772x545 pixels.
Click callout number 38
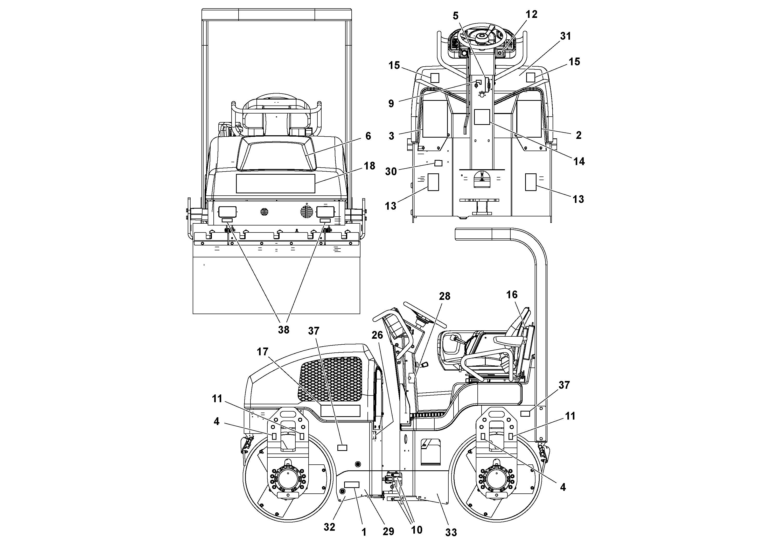point(283,330)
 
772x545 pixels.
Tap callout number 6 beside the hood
point(368,136)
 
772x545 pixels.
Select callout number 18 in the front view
point(370,166)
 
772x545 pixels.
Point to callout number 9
point(391,103)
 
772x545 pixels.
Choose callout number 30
point(391,171)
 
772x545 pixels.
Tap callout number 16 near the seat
point(512,295)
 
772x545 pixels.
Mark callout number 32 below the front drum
point(330,527)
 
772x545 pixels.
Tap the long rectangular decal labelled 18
point(275,183)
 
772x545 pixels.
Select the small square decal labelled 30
point(438,163)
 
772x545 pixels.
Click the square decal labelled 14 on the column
point(482,117)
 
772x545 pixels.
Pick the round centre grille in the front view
point(265,212)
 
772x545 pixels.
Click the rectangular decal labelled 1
point(352,485)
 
